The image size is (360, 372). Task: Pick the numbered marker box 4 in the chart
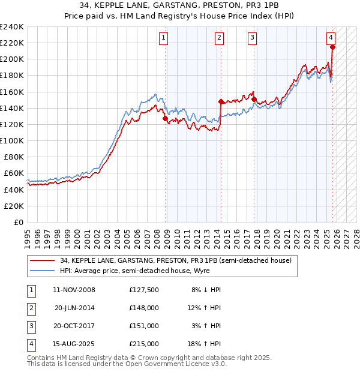[x=331, y=37]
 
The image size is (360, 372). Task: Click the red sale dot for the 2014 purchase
[x=221, y=101]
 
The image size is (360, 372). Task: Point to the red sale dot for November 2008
[x=165, y=118]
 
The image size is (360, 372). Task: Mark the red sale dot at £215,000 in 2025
[x=332, y=47]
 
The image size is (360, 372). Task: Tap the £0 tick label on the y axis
[x=18, y=222]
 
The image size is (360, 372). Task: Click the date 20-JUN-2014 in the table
[x=74, y=308]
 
